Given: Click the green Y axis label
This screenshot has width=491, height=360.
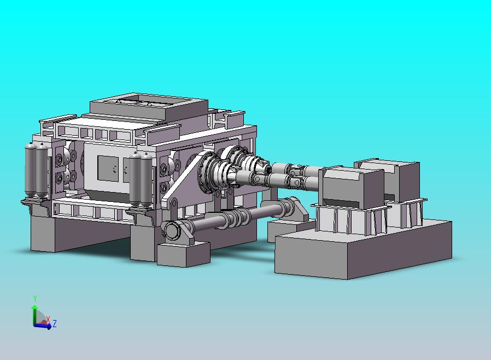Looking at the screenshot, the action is coord(35,298).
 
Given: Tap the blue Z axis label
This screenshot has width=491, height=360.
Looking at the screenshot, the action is coord(55,323).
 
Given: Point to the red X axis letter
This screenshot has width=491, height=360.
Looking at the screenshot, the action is coord(48,320).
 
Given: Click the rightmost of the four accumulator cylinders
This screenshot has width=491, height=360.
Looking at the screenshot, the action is coord(146,179).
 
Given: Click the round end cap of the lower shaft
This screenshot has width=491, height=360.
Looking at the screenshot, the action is coord(172,231).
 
